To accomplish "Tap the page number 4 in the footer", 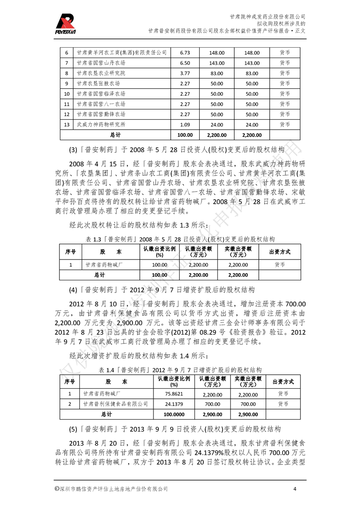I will pyautogui.click(x=295, y=489).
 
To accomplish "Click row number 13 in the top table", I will pyautogui.click(x=66, y=124).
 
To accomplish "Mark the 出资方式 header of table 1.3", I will pyautogui.click(x=280, y=251).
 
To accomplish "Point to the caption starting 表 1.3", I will pyautogui.click(x=180, y=239).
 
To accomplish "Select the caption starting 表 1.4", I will pyautogui.click(x=180, y=369).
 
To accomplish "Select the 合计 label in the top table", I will pyautogui.click(x=115, y=135).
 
